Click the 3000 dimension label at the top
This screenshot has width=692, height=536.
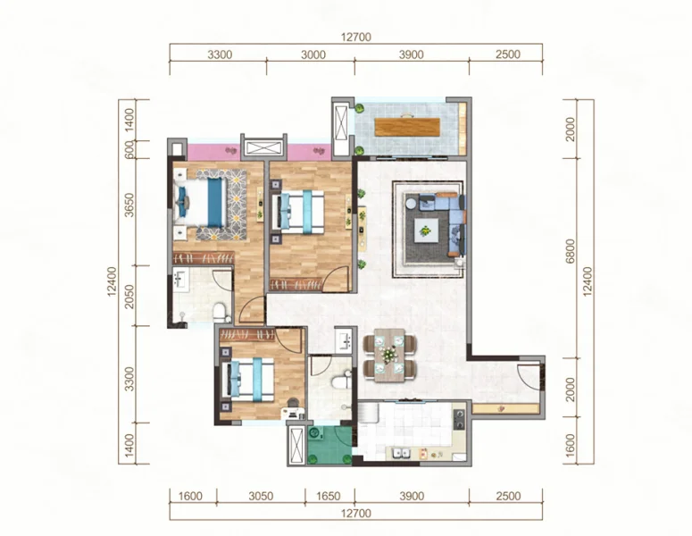click(313, 54)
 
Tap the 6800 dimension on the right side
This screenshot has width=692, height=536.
click(571, 252)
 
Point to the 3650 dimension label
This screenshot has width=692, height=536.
click(129, 205)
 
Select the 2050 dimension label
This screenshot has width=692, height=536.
click(129, 297)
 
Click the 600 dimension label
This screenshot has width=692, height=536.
click(129, 150)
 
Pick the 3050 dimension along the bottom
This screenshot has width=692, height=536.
click(261, 497)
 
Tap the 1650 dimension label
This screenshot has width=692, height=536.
click(329, 497)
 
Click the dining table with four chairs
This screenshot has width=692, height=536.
click(389, 356)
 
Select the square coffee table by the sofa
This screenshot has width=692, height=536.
click(425, 230)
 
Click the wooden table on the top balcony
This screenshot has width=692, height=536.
click(407, 127)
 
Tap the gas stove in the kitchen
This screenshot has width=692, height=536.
click(459, 420)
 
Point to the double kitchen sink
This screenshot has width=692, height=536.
click(401, 454)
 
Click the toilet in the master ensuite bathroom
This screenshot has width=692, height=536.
click(220, 312)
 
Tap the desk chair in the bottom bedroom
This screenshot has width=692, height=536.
click(292, 403)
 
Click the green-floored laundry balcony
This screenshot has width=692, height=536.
click(329, 445)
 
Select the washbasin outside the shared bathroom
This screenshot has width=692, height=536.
click(345, 340)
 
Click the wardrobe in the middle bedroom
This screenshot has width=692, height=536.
click(296, 284)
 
